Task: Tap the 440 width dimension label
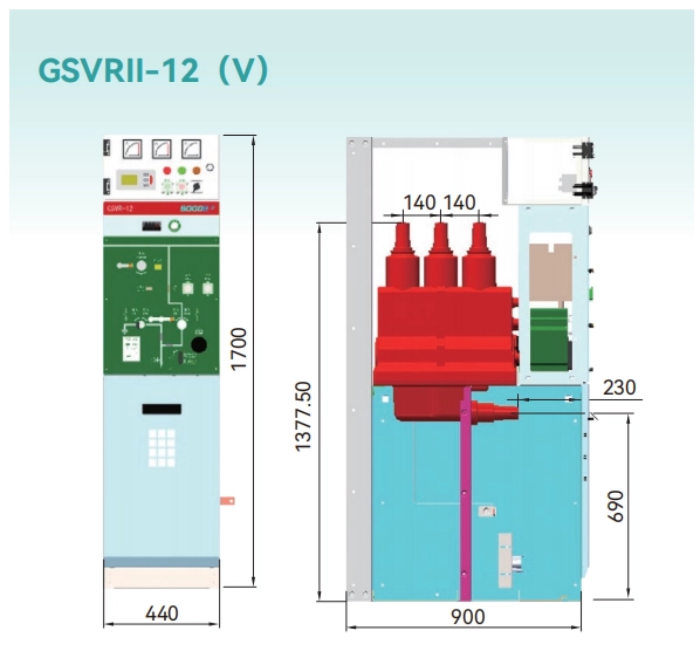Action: [162, 614]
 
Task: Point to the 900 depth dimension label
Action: [468, 617]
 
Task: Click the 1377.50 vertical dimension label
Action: [304, 416]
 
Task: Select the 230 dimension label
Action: [619, 388]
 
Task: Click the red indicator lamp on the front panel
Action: [167, 170]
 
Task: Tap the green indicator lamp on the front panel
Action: [182, 170]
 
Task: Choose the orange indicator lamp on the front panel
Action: [196, 170]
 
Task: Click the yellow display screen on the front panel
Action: [130, 180]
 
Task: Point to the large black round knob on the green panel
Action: [199, 345]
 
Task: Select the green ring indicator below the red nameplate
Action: [174, 226]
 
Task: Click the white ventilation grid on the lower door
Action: [162, 447]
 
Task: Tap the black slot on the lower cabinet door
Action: [162, 409]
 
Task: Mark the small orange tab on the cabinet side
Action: [228, 501]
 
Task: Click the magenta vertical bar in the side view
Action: [465, 493]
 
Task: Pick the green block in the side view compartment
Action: [548, 338]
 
